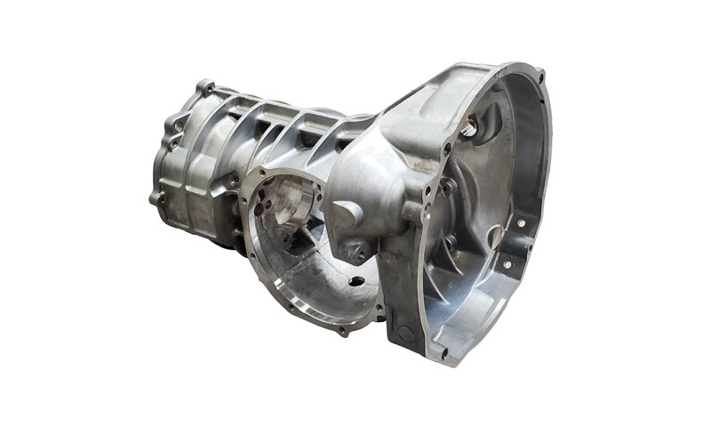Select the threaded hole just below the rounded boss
click(360, 256)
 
